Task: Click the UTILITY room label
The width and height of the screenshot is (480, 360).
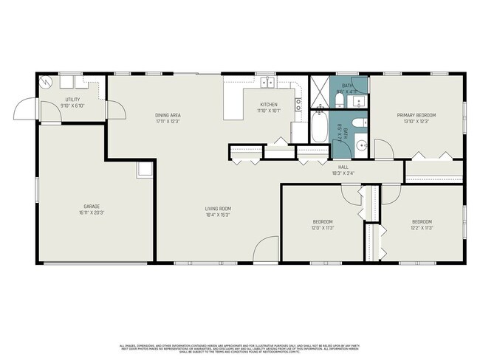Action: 72,99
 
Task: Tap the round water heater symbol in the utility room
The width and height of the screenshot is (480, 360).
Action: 46,83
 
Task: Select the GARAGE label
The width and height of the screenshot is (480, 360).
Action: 92,206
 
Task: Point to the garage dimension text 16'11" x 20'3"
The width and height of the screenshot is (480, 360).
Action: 92,212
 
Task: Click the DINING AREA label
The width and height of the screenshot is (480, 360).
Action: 168,115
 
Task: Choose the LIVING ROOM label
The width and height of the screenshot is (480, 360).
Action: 219,209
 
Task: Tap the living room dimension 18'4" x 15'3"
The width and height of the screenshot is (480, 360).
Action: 219,215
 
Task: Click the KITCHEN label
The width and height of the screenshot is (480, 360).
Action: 268,105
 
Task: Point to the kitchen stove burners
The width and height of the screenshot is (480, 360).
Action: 298,104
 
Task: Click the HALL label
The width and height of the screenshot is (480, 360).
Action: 343,167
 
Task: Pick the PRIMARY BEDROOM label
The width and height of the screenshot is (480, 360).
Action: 416,115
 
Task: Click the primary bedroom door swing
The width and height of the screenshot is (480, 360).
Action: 384,150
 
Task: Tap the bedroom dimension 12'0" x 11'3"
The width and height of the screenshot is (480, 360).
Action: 322,228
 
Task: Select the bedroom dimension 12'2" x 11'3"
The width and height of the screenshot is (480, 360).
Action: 422,228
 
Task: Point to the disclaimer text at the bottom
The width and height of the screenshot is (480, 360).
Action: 240,347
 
